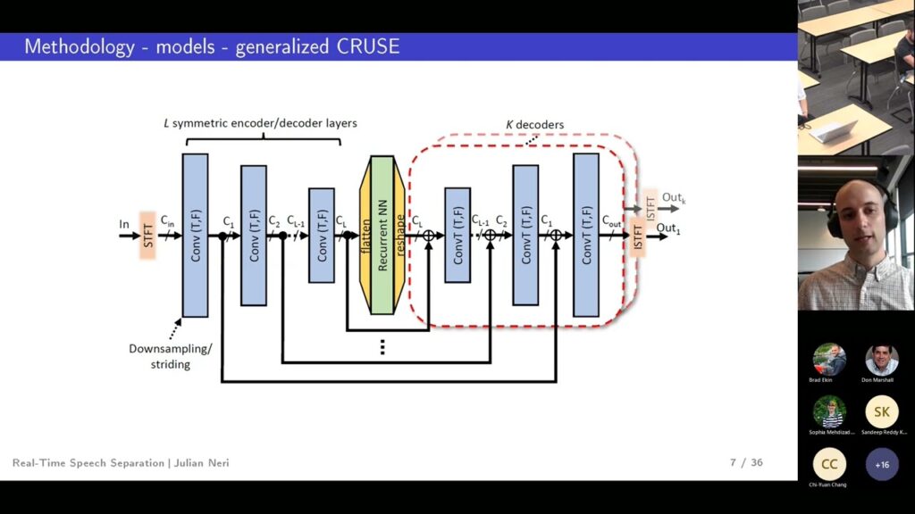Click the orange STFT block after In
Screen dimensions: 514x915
point(147,236)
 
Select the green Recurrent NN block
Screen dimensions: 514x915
point(382,236)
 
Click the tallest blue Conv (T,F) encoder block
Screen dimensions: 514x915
point(195,236)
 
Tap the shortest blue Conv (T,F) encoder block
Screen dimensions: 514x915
point(322,236)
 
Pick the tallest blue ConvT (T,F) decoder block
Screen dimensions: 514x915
point(585,236)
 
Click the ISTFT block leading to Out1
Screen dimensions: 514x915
point(638,236)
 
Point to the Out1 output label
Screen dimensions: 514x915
point(670,228)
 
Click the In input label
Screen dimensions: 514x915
point(124,224)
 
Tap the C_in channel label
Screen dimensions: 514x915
point(168,220)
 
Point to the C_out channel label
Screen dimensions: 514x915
point(612,220)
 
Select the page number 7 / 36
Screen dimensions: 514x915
point(746,462)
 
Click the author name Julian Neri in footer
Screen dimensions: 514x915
point(200,463)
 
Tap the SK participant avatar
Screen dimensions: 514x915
point(881,411)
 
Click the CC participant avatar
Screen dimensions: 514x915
point(828,464)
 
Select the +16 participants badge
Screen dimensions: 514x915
point(881,464)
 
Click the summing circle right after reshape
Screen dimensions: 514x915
point(429,236)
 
